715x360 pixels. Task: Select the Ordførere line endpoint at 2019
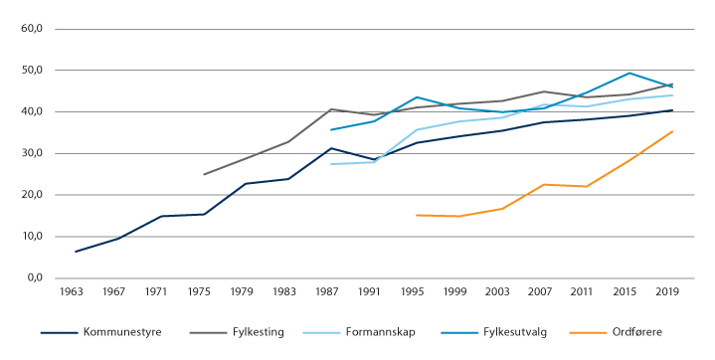point(672,131)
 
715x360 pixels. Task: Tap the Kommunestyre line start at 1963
point(75,252)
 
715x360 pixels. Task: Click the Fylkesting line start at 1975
point(203,174)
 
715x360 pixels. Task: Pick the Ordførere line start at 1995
point(416,215)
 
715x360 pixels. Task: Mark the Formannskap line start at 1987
point(331,164)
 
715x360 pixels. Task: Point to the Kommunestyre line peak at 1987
point(331,148)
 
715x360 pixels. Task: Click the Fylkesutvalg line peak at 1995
point(416,97)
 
